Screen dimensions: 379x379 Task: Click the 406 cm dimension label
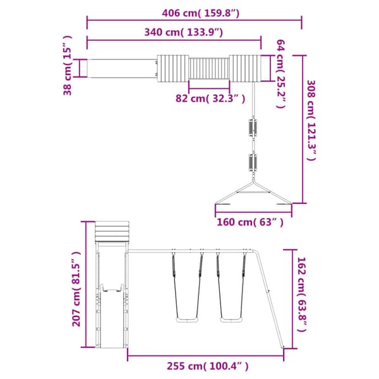[201, 13]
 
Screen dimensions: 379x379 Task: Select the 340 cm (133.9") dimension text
[183, 32]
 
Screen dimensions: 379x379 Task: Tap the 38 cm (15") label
[68, 66]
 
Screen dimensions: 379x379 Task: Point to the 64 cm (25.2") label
[280, 74]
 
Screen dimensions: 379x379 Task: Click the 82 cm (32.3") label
[210, 99]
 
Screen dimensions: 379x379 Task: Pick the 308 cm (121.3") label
[311, 120]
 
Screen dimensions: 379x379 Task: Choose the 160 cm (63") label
[250, 222]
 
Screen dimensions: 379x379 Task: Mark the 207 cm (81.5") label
[76, 289]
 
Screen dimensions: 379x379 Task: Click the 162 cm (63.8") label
[302, 294]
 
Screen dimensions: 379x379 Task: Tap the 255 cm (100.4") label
[207, 366]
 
